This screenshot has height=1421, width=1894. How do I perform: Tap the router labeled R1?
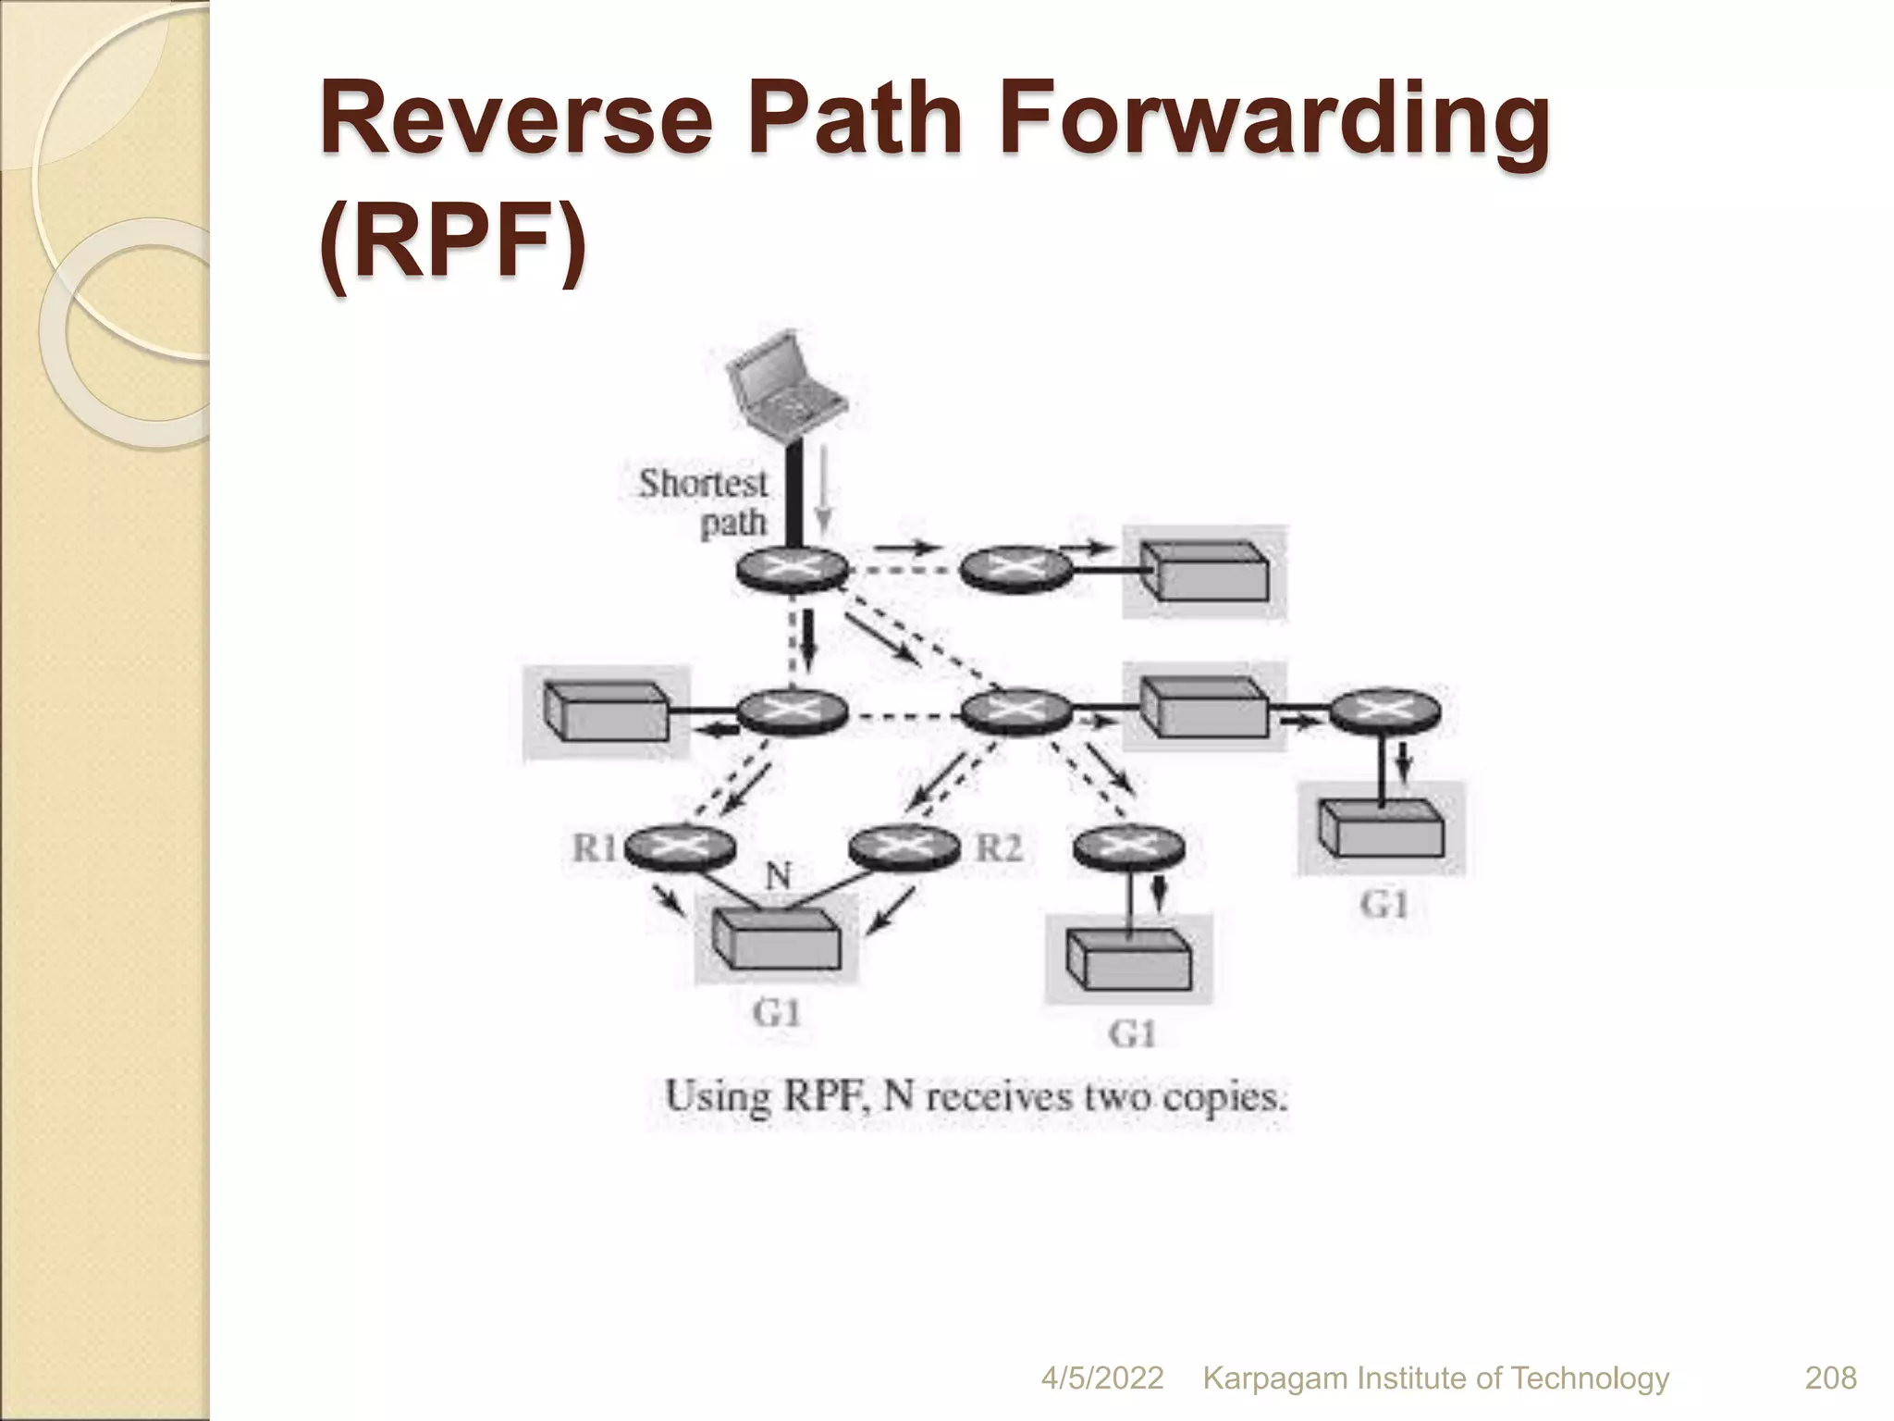680,846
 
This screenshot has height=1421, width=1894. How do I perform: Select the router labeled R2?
904,846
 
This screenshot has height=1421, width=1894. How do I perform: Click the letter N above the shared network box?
777,875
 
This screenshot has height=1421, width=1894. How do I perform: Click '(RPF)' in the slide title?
453,246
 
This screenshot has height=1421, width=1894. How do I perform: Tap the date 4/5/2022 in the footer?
1101,1378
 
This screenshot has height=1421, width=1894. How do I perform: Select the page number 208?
1830,1378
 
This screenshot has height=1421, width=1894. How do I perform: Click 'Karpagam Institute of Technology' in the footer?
1435,1378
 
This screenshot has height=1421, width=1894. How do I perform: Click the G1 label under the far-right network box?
1384,904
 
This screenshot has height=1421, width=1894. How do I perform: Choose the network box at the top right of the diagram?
1203,572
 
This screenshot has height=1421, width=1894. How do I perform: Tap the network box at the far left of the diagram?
607,711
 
